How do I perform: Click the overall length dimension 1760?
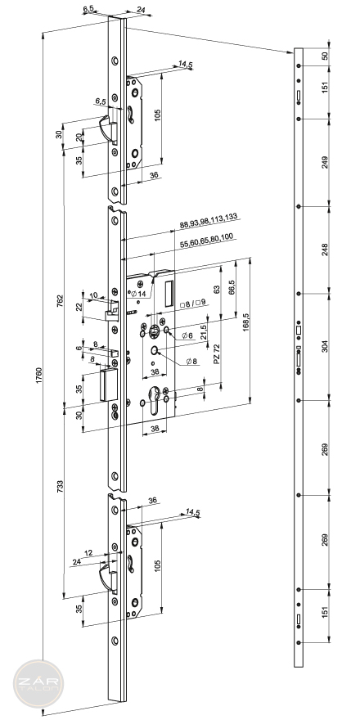(x=39, y=377)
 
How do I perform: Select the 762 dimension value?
(x=60, y=301)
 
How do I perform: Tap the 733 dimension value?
(x=61, y=487)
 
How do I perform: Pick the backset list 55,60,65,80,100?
(x=207, y=241)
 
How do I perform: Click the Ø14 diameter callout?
(x=137, y=295)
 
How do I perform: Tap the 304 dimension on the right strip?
(x=326, y=346)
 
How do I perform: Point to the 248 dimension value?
(x=326, y=250)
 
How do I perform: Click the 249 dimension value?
(x=326, y=162)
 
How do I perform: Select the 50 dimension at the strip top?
(x=326, y=56)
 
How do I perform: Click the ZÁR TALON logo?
(x=38, y=684)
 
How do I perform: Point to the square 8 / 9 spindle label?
(x=193, y=304)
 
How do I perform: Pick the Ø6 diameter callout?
(x=187, y=335)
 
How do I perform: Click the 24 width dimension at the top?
(x=141, y=9)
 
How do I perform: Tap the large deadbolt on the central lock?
(x=110, y=385)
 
